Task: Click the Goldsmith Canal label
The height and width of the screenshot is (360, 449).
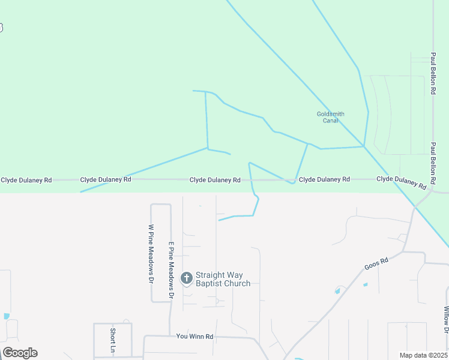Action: click(331, 117)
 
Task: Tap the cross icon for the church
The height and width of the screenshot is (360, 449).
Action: click(187, 278)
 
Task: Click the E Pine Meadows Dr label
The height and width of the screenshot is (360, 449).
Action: click(171, 270)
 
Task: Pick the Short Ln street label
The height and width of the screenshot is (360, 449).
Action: click(112, 340)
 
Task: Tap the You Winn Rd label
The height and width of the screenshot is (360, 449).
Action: click(194, 337)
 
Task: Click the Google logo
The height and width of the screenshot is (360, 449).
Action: click(20, 353)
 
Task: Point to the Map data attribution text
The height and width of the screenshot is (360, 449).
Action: click(423, 355)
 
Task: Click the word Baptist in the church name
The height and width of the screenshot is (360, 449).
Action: click(208, 283)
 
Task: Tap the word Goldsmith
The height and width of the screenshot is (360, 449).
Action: click(331, 114)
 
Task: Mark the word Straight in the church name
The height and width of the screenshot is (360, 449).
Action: click(209, 275)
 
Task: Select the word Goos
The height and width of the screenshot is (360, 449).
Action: click(372, 266)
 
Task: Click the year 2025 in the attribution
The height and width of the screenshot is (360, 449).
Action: click(439, 355)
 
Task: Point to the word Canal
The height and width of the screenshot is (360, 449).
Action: click(331, 121)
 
